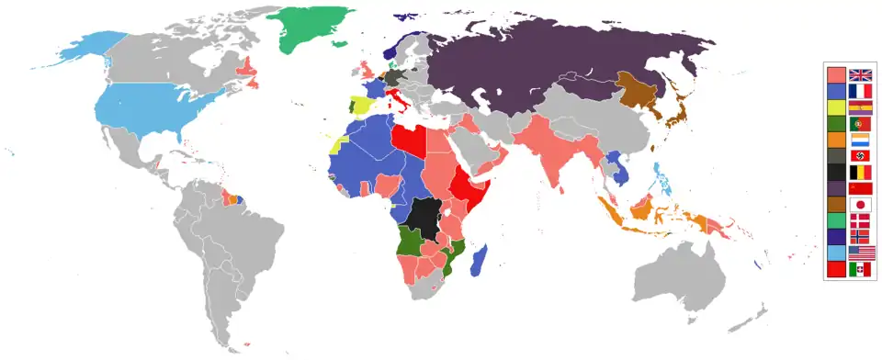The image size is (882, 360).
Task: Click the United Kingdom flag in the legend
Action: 860,75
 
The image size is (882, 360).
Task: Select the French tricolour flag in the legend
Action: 860,92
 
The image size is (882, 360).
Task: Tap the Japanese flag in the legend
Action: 860,204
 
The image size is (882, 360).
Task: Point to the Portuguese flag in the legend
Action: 860,124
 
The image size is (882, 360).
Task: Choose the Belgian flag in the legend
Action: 860,172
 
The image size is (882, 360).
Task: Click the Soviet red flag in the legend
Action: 860,188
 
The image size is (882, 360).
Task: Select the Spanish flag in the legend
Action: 860,107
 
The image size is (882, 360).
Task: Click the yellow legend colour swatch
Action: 836,107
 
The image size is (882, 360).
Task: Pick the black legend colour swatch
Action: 836,172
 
